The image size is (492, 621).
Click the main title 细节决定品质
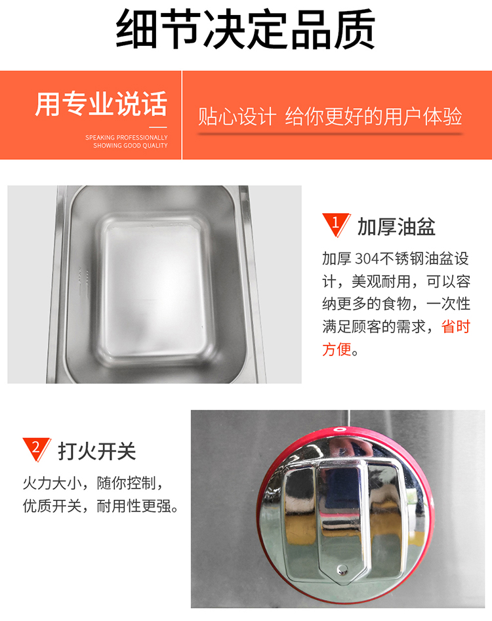tap(245, 30)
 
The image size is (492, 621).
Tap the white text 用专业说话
tap(102, 104)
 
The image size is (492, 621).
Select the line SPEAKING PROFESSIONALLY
tap(127, 138)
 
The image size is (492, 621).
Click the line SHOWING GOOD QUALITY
tap(131, 146)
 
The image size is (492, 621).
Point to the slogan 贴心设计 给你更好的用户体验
tap(330, 117)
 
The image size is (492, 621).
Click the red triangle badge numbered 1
tap(335, 224)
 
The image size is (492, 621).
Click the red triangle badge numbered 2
tap(36, 449)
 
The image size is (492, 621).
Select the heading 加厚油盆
tap(396, 227)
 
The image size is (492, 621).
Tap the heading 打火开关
tap(97, 451)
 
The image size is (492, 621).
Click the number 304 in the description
tap(367, 259)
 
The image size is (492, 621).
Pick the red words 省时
tap(455, 327)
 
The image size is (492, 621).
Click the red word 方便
tap(337, 350)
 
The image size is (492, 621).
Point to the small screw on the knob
tap(342, 570)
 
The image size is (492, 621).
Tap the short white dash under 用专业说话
tap(158, 127)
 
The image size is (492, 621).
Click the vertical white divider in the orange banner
tap(182, 115)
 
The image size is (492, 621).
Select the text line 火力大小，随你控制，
tap(93, 483)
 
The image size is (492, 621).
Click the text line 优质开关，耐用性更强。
tap(100, 506)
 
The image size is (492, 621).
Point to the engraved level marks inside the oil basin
tap(83, 281)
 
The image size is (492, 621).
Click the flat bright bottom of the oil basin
tap(155, 286)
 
